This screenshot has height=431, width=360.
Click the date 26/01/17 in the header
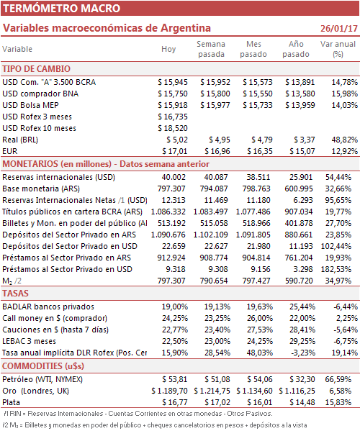(339, 28)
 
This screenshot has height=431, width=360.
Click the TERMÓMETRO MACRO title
(62, 8)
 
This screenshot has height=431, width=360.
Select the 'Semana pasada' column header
(211, 49)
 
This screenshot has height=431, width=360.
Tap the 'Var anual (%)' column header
(338, 49)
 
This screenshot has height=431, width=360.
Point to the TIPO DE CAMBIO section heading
(36, 69)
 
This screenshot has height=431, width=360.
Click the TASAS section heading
(15, 294)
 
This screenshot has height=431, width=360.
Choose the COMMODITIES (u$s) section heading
(43, 366)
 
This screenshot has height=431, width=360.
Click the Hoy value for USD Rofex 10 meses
(173, 128)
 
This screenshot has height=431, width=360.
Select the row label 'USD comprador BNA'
(40, 94)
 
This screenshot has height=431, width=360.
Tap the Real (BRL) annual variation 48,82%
(345, 140)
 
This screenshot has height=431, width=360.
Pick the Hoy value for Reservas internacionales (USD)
(174, 177)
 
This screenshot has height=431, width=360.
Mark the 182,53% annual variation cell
(336, 269)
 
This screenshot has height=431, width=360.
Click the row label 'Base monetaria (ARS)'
(41, 189)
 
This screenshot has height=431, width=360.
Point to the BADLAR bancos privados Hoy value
(175, 307)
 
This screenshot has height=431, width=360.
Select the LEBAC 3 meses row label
(29, 341)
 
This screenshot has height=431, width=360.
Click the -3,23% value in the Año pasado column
(302, 353)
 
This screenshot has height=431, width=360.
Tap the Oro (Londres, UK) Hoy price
(169, 391)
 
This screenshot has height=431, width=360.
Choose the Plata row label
(12, 402)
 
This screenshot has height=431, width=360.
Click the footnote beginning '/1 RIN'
(138, 414)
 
